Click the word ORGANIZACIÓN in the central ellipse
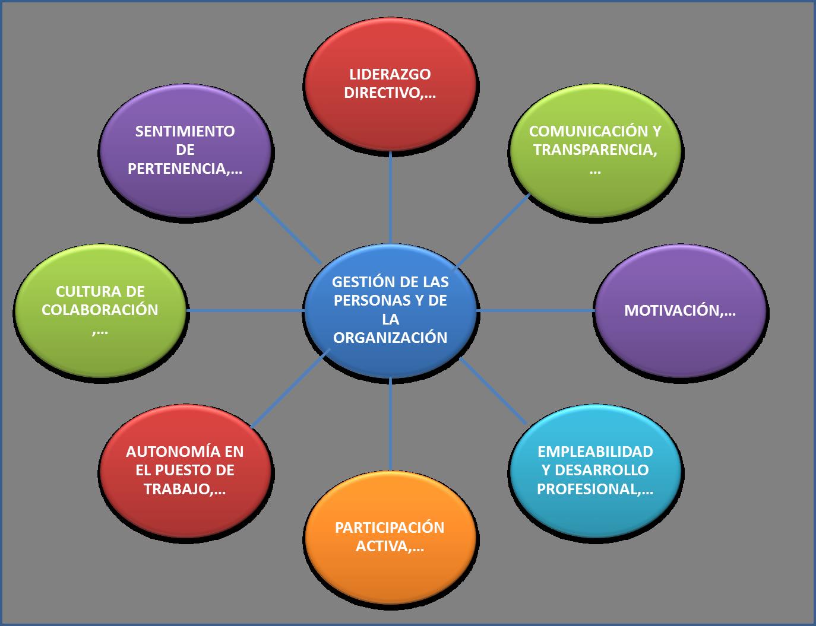[390, 338]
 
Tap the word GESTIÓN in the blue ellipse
[356, 281]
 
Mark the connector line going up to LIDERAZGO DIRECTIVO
[390, 196]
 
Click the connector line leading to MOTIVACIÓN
[534, 310]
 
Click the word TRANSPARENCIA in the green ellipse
[594, 150]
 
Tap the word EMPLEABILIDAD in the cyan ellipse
[595, 452]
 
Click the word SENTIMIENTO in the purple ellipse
[185, 131]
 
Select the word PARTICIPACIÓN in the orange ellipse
[390, 528]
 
